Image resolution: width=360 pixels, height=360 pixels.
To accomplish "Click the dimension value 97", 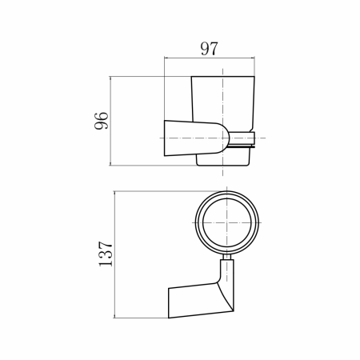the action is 209,49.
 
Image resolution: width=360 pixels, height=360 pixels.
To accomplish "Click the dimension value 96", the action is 102,121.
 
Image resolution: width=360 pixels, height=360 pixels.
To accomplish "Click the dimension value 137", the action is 106,254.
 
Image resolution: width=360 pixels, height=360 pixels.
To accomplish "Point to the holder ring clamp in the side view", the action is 242,138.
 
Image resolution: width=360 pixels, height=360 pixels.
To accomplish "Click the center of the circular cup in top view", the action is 226,222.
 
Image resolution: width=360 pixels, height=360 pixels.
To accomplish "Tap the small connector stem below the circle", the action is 227,257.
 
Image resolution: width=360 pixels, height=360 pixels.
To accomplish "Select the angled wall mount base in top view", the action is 198,301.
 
